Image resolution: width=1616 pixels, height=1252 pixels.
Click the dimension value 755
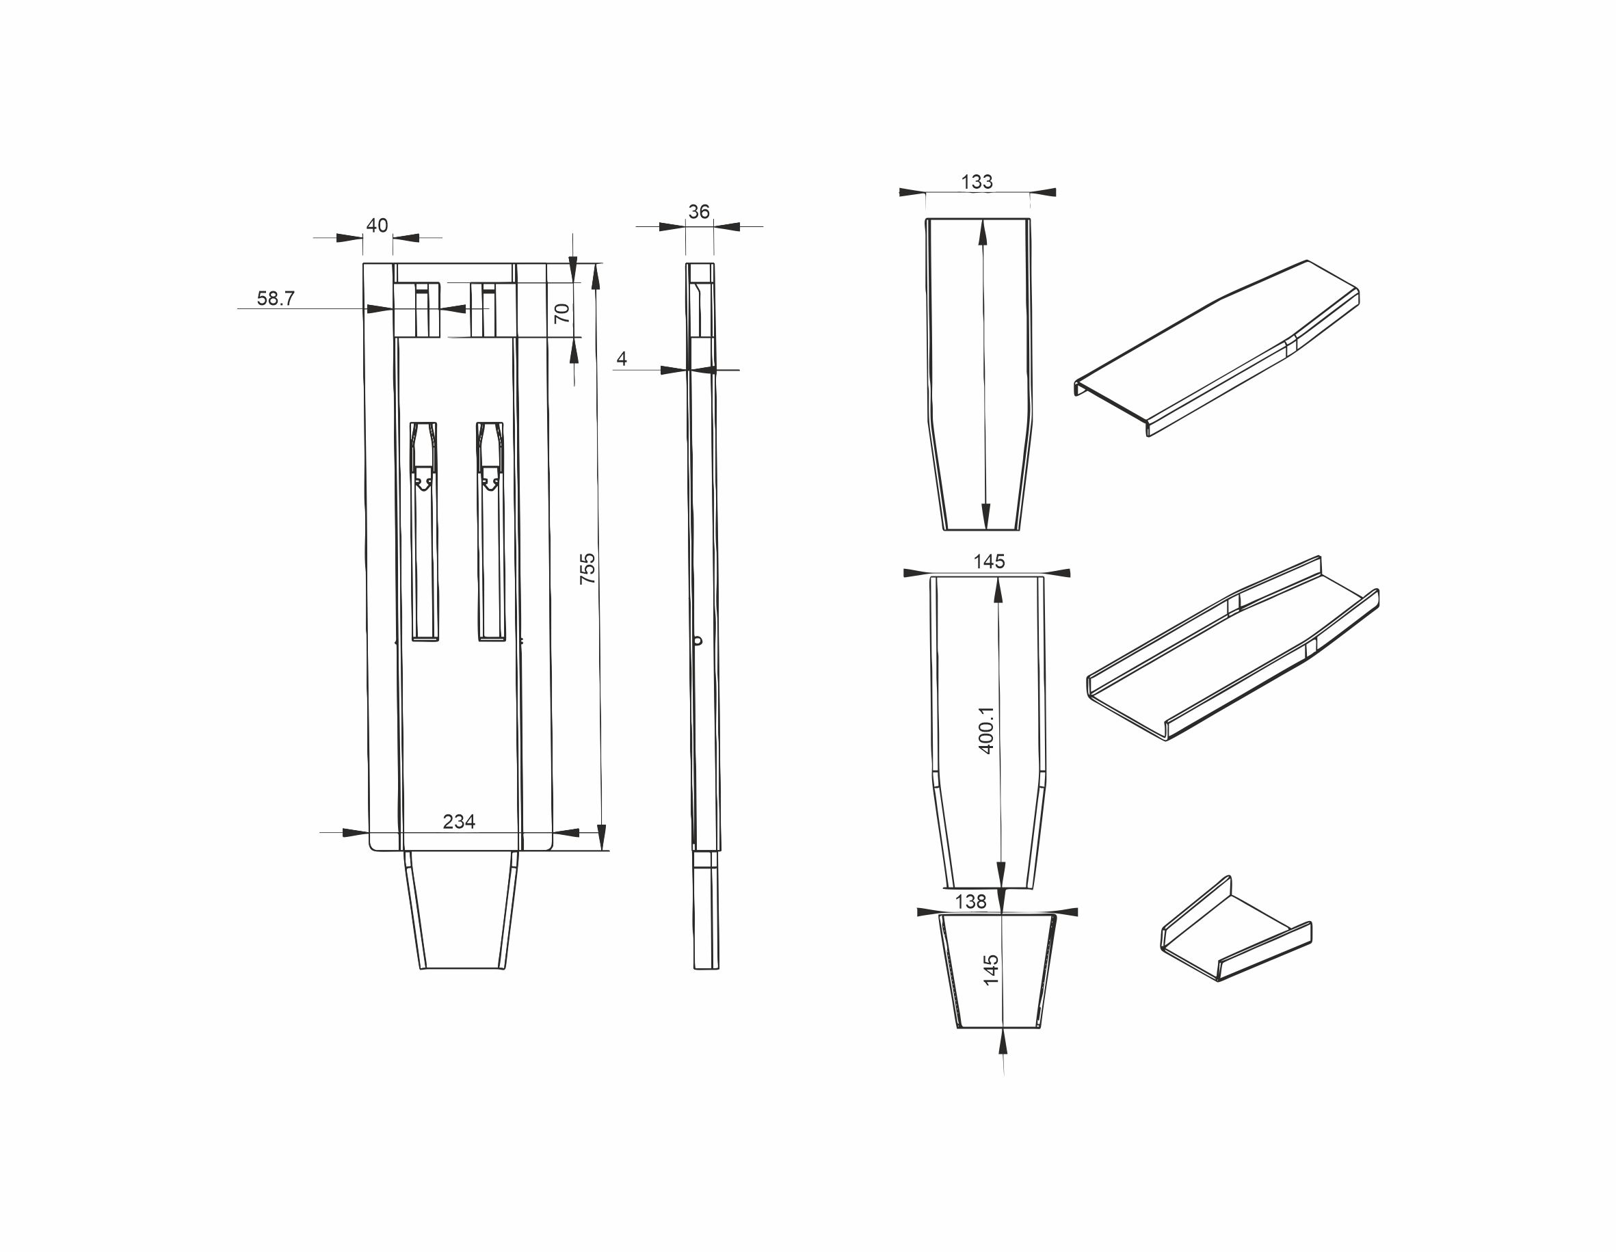587,569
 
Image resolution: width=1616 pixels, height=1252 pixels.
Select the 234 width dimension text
459,821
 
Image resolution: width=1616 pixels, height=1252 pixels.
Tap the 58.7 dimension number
276,298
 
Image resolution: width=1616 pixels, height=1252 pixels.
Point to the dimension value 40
377,225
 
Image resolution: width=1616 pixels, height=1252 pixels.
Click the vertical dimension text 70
562,313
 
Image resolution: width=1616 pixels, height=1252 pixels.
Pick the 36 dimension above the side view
698,211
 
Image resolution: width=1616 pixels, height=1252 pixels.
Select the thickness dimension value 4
622,359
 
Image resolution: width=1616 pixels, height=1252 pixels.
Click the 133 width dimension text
977,182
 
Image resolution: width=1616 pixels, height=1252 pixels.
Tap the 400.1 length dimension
986,730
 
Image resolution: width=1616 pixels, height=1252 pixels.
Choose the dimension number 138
971,901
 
